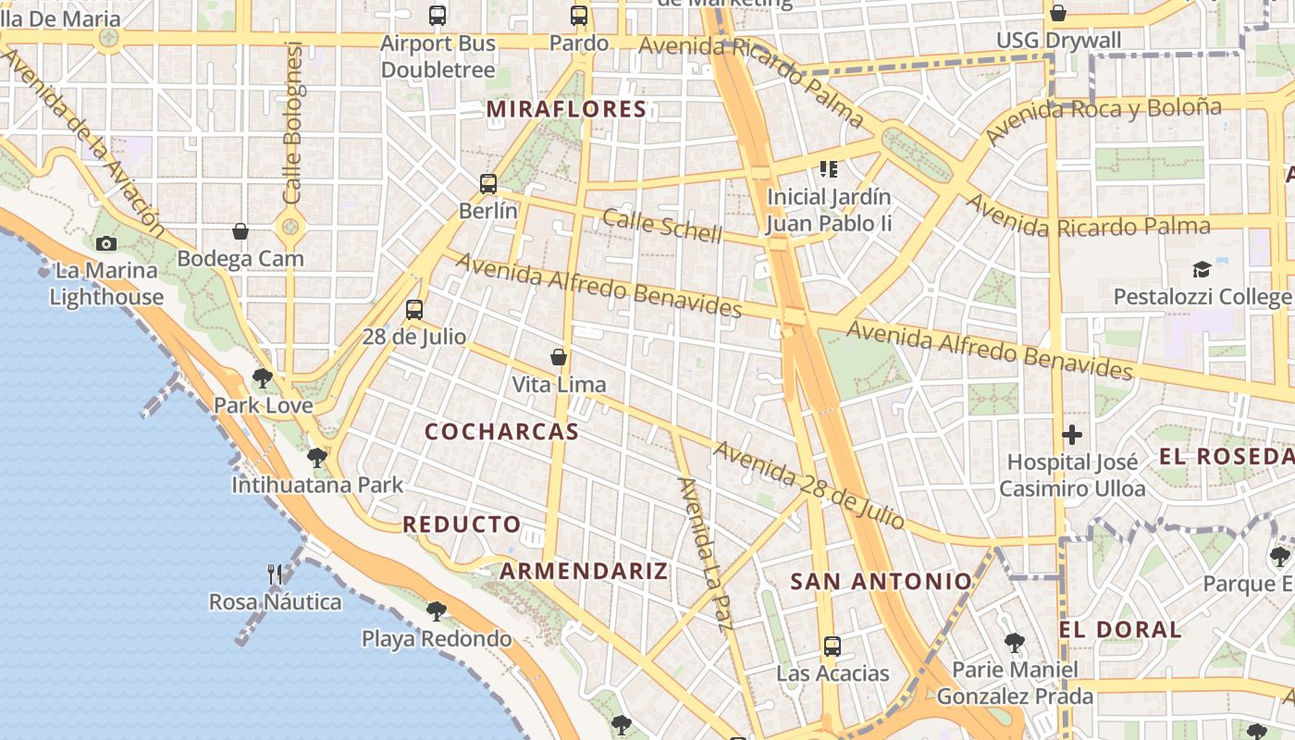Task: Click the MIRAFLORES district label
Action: (x=566, y=109)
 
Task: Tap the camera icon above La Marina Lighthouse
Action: (x=106, y=244)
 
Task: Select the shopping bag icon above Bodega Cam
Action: (x=240, y=231)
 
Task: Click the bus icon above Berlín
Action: (x=488, y=183)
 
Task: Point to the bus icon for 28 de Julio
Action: (x=414, y=309)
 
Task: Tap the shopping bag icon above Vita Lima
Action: (x=559, y=357)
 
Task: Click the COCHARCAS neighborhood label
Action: (x=501, y=431)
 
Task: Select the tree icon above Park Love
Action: (x=263, y=377)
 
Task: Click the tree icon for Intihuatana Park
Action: (x=317, y=457)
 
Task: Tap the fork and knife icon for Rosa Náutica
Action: (x=275, y=574)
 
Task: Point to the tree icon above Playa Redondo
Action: (x=437, y=610)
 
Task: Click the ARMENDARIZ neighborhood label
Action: (x=584, y=571)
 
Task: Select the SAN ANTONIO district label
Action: (x=881, y=581)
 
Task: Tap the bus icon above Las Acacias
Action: (x=832, y=646)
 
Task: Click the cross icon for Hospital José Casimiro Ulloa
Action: (x=1072, y=434)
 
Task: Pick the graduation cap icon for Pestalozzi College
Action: (x=1202, y=269)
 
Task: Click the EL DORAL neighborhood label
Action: (x=1120, y=630)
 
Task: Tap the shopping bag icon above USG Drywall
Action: (x=1058, y=13)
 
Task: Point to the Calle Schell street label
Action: (x=661, y=225)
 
